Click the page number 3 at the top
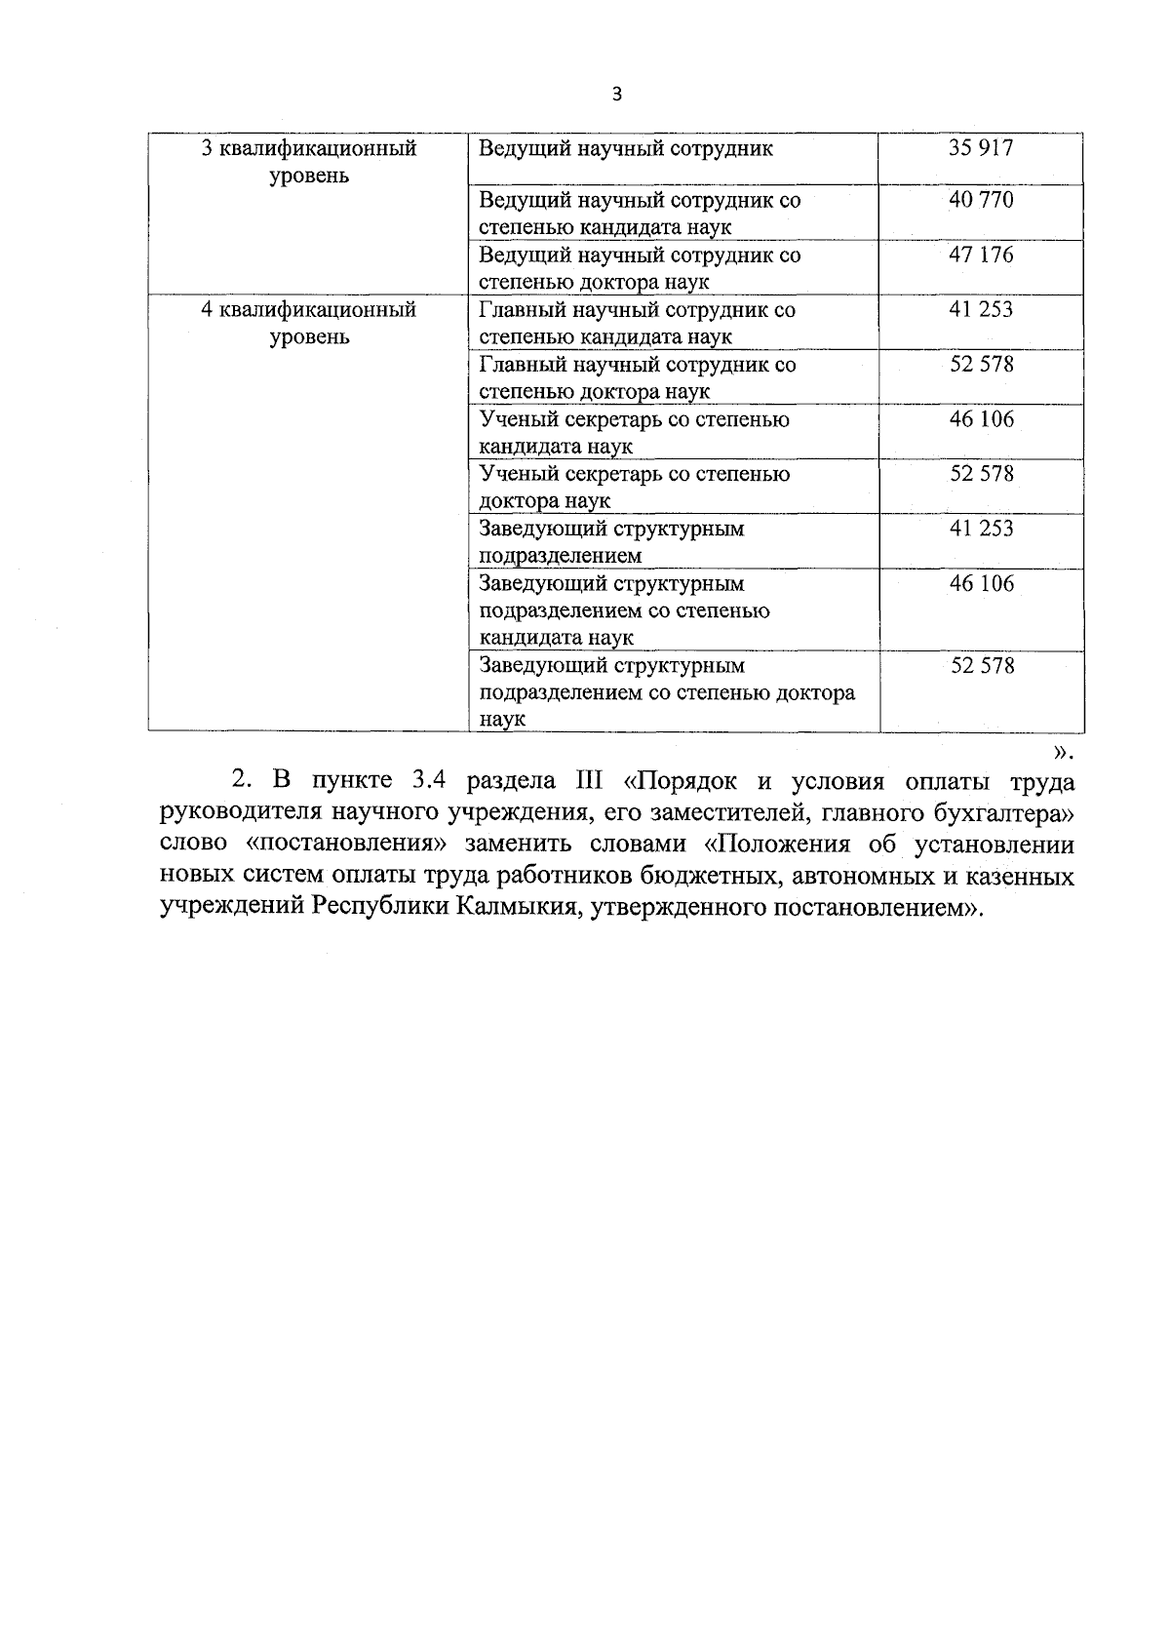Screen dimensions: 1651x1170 615,95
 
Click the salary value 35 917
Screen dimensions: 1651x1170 981,148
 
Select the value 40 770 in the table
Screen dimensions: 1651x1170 981,201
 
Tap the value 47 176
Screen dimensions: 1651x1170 981,256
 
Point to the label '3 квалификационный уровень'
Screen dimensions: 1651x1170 308,162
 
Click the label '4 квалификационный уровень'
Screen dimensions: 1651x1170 308,324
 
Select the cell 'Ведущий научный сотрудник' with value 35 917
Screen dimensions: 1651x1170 626,149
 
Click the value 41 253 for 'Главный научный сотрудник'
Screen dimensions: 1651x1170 981,310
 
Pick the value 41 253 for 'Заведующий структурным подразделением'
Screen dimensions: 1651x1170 981,529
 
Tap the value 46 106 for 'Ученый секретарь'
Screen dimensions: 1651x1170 981,419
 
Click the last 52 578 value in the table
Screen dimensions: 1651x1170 981,666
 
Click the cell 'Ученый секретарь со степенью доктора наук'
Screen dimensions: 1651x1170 635,487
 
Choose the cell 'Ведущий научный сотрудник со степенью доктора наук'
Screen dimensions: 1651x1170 640,268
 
